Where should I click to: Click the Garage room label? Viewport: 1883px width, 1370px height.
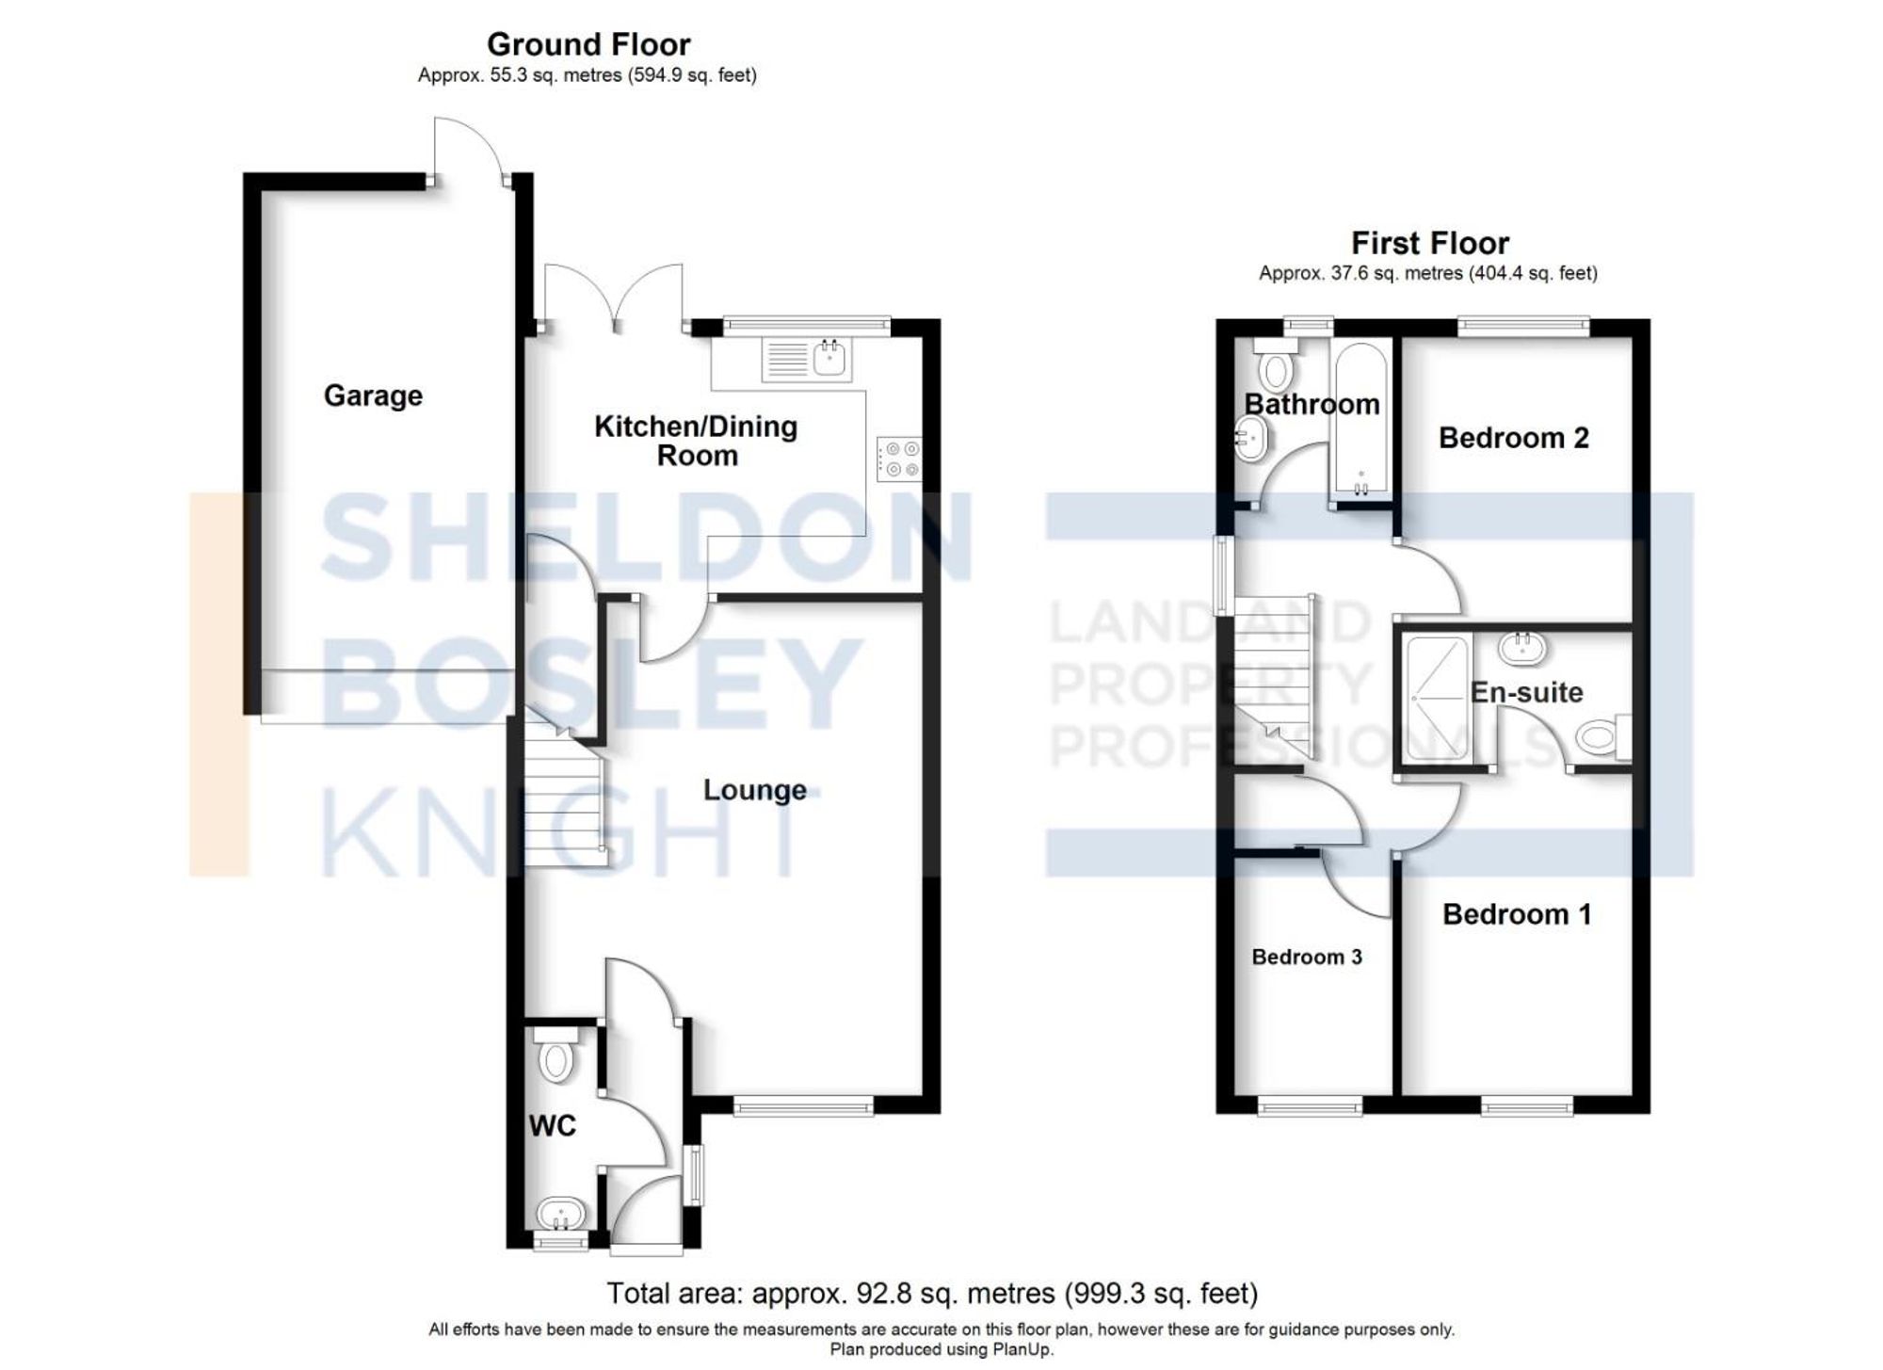[373, 395]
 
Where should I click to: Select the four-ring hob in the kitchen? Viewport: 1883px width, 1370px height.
[899, 459]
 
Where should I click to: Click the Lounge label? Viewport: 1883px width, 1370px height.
[754, 790]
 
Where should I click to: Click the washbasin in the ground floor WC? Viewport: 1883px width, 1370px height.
[561, 1213]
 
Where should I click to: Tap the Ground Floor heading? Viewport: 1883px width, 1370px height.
[587, 44]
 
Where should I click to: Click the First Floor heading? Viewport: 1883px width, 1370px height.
[1429, 243]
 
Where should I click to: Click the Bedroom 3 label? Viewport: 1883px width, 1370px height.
[1306, 957]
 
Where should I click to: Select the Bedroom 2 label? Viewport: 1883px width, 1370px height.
[1513, 438]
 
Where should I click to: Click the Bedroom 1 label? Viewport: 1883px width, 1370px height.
[1516, 914]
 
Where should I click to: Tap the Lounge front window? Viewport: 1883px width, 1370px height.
[803, 1106]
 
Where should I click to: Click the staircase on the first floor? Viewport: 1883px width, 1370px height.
[1273, 678]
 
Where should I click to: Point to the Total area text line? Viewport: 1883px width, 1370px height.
[931, 1293]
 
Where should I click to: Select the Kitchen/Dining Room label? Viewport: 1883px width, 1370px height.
[696, 441]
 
